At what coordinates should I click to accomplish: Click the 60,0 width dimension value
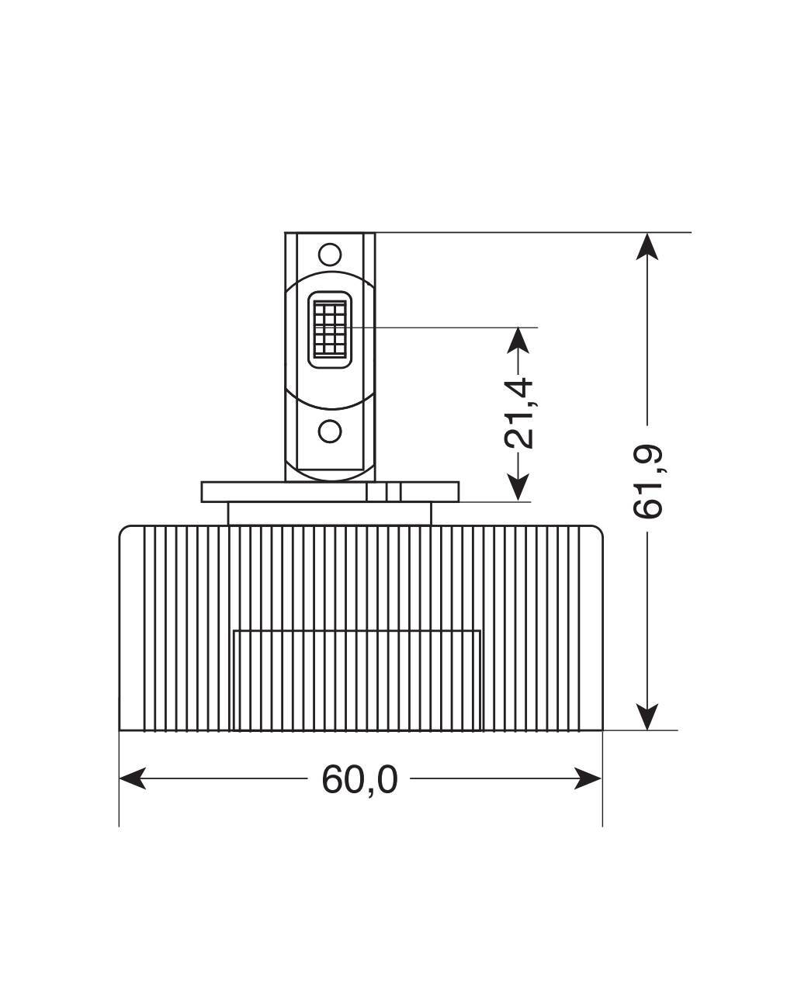tap(359, 779)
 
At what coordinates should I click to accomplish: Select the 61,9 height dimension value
tap(647, 481)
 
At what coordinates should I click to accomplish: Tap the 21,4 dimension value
tap(518, 413)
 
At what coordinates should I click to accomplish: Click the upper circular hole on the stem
tap(330, 254)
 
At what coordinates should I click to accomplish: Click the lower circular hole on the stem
tap(330, 431)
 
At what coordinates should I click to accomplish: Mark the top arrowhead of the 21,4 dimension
tap(518, 339)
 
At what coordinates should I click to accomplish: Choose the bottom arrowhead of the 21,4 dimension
tap(518, 489)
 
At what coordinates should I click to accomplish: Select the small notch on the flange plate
tap(393, 492)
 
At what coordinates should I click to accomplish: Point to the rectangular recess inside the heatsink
tap(357, 679)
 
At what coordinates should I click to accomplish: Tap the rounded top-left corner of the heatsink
tap(127, 533)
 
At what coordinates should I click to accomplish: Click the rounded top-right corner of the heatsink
tap(595, 533)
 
